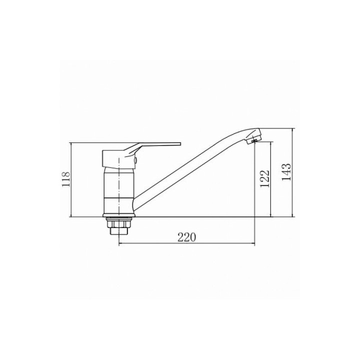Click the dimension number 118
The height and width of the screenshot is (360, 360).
[x=66, y=179]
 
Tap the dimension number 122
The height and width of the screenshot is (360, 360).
[x=265, y=178]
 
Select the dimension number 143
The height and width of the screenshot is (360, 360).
[x=286, y=172]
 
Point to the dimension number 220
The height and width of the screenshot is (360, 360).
[x=187, y=237]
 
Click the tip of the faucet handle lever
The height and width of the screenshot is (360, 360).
[x=180, y=144]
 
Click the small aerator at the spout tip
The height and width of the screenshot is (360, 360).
[x=254, y=141]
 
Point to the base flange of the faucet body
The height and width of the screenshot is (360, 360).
[x=119, y=215]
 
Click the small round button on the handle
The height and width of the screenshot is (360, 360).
[x=136, y=160]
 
